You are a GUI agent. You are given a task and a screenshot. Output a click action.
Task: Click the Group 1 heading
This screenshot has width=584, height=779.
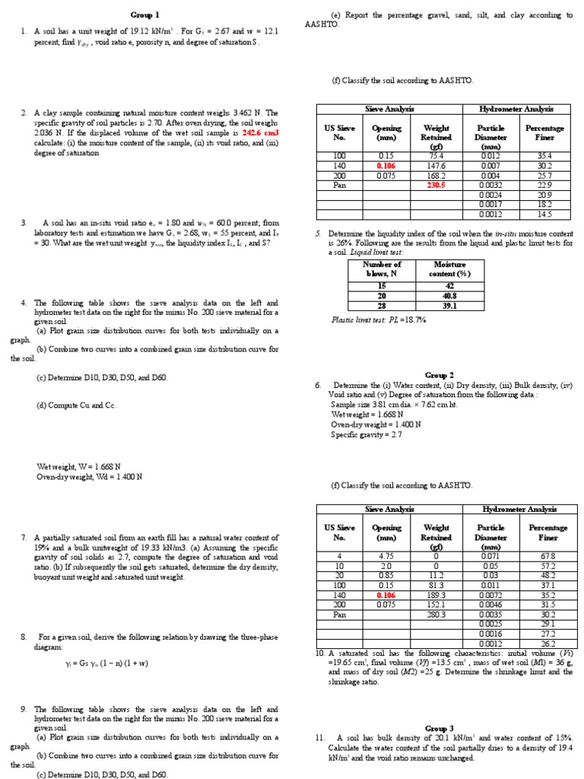[146, 14]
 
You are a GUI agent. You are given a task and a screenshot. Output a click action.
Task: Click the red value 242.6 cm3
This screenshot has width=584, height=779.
[261, 132]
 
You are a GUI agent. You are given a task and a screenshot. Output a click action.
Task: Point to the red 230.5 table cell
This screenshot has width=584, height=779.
[436, 184]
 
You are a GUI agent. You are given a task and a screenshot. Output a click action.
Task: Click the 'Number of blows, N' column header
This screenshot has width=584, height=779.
[382, 269]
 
